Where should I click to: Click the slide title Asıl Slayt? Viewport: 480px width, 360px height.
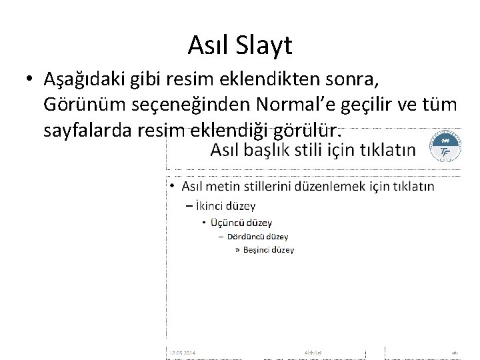(x=239, y=45)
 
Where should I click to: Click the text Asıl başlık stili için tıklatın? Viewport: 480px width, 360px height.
(x=312, y=149)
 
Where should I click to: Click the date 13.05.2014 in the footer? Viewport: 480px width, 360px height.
(x=181, y=352)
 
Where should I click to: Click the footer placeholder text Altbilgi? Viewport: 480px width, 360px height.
(x=313, y=352)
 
